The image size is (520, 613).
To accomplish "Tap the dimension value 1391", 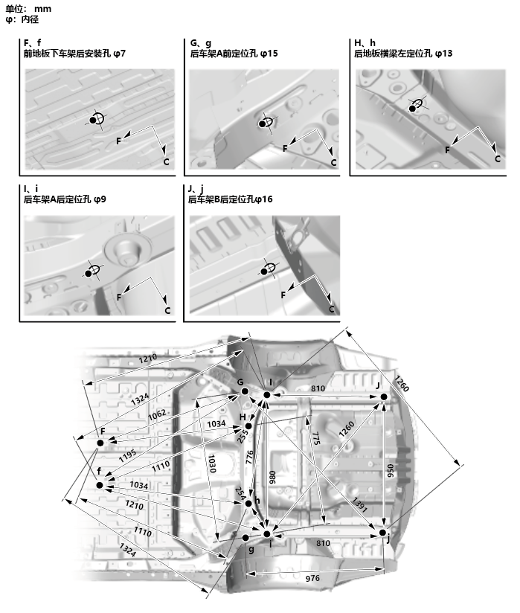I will (360, 504).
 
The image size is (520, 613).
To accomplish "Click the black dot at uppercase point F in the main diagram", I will (100, 443).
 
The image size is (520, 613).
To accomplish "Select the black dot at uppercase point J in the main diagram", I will (384, 397).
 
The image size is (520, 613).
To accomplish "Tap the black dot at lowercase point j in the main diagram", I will (382, 533).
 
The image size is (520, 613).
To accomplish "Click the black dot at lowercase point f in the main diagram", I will (100, 486).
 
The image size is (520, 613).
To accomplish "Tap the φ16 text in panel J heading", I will (264, 199).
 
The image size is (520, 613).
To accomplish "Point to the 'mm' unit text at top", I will (43, 8).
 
